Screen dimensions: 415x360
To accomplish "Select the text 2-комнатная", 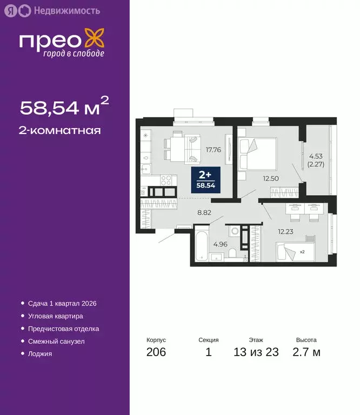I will [60, 130].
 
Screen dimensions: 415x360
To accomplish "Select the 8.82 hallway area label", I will [204, 212].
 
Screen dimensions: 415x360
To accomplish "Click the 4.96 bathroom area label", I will [219, 244].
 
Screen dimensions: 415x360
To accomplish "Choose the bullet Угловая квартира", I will [56, 316].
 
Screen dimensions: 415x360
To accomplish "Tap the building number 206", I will [156, 352].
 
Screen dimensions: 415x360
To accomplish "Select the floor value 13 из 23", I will [256, 352].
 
